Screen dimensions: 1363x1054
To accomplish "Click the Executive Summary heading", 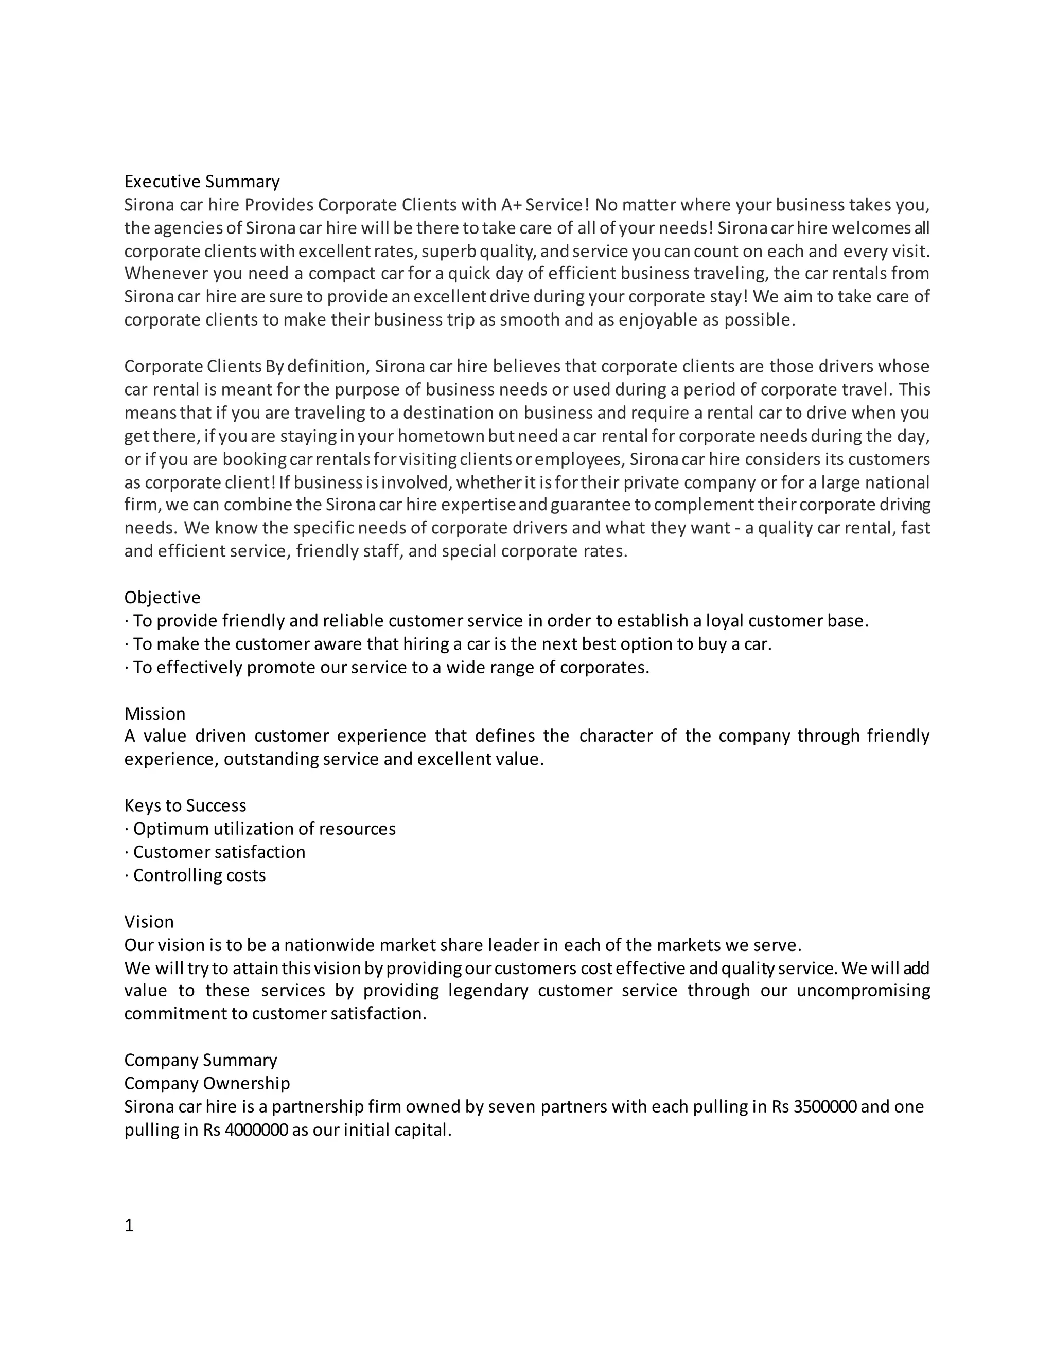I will (x=202, y=182).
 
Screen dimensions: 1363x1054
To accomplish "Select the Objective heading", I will (x=162, y=598).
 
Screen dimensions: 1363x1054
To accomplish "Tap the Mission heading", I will (x=155, y=714).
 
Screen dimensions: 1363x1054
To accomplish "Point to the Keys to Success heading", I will (x=185, y=805).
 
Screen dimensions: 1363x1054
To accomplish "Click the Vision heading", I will (x=149, y=922).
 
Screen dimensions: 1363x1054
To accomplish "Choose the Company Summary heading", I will (x=200, y=1061).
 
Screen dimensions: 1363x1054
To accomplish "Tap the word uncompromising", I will (x=863, y=991).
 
